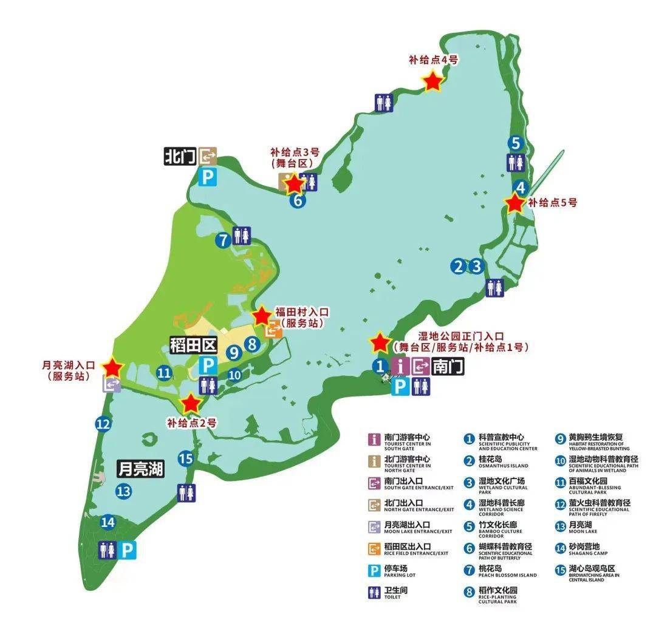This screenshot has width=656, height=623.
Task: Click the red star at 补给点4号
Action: coord(432,81)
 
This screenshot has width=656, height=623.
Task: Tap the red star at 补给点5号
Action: coord(514,203)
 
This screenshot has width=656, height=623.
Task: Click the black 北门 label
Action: coord(180,157)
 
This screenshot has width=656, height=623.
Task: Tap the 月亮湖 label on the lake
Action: coord(141,469)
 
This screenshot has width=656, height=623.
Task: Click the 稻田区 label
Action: coord(193,346)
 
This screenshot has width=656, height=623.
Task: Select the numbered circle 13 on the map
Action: coord(124,491)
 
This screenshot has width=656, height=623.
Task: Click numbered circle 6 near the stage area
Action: coord(297,200)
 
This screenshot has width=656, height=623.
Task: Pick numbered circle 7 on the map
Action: coord(224,240)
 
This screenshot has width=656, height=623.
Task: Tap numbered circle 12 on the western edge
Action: coord(103,424)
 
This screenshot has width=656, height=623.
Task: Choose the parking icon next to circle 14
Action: coord(128,550)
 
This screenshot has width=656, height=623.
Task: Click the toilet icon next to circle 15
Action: coord(187,493)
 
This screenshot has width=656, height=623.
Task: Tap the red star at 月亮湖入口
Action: coord(113,367)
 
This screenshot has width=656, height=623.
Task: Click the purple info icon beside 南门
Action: coord(400,366)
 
